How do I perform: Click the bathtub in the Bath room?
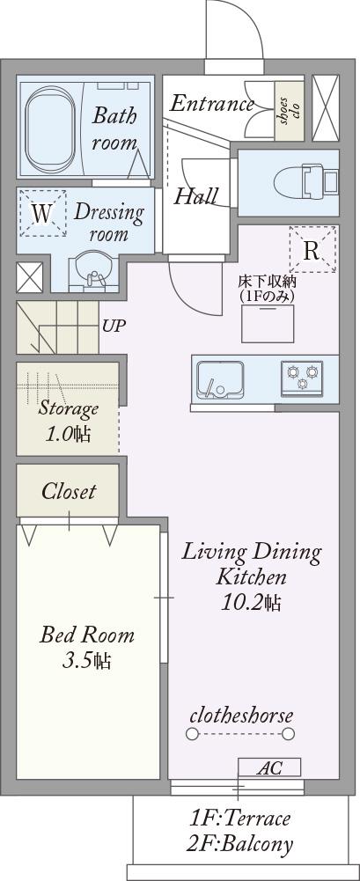tap(48, 129)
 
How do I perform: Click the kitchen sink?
tap(220, 379)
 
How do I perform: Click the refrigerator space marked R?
tap(312, 250)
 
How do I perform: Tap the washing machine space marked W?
tap(42, 213)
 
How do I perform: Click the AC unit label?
tap(270, 767)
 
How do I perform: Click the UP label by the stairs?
tap(114, 326)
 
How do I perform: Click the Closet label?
tap(69, 492)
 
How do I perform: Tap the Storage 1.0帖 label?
tap(69, 421)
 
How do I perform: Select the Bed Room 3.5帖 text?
tap(87, 648)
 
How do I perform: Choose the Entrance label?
tap(212, 104)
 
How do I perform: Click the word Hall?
tap(196, 196)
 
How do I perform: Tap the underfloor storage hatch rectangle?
tap(268, 323)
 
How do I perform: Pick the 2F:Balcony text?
tap(241, 844)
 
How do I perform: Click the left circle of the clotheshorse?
tap(193, 734)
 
